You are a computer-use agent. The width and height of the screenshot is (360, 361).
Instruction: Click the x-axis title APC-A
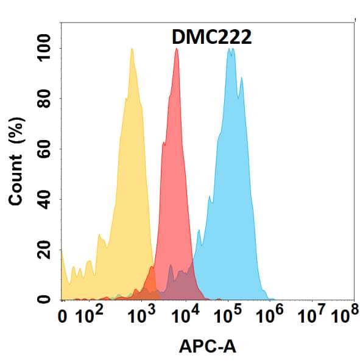208,346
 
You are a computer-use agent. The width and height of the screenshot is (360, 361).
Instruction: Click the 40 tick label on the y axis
44,199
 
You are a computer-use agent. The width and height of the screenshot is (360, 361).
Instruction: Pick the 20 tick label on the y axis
44,250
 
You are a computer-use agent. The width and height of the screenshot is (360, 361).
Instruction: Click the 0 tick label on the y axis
44,299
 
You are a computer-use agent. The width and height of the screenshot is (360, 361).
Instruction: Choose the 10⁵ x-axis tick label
229,316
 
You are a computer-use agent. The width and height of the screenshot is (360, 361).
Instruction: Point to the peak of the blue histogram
230,49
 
